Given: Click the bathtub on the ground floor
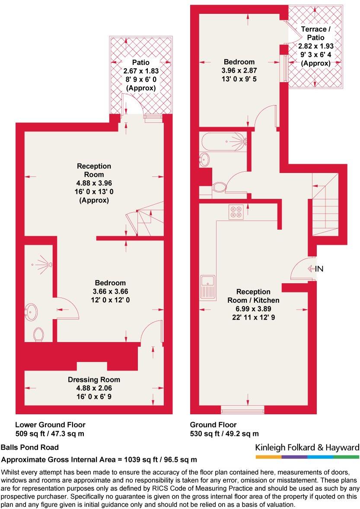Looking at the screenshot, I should pos(223,141).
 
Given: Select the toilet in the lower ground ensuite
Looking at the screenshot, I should pos(38,334).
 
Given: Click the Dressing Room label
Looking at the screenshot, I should pos(94,380).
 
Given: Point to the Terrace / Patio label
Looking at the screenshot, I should pos(315,34).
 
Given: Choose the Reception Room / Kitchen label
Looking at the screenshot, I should pos(253,296).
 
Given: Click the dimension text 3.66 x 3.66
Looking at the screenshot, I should pos(110,291).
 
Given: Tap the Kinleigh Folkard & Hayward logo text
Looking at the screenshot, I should pos(307,447).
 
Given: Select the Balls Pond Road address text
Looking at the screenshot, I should pos(30,448).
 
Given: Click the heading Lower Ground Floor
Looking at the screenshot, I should pos(50,425).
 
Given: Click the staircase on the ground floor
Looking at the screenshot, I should pos(325,203).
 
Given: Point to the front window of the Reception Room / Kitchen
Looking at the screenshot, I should pos(242,409).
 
